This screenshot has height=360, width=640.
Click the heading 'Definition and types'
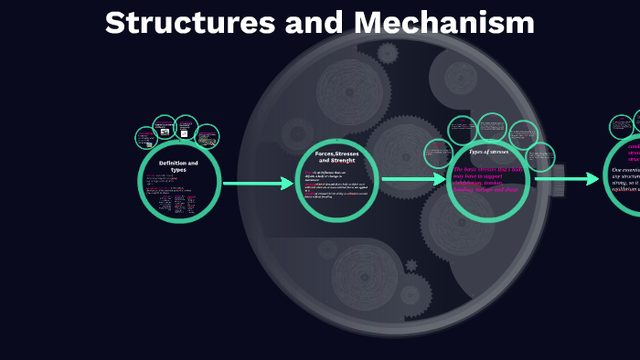[x=178, y=166]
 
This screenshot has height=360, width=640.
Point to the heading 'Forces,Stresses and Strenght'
[x=336, y=157]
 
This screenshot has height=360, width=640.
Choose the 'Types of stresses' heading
[x=488, y=152]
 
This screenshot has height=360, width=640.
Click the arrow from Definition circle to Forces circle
[x=259, y=184]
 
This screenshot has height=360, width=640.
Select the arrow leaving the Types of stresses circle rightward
[x=567, y=179]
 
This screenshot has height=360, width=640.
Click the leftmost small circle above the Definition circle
[x=146, y=138]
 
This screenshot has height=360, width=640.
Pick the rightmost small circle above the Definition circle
[x=208, y=136]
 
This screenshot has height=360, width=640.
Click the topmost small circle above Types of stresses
[x=493, y=126]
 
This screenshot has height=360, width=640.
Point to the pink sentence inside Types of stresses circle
[x=488, y=180]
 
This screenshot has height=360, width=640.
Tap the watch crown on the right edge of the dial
[x=557, y=180]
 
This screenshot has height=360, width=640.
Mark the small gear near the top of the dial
[x=388, y=53]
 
